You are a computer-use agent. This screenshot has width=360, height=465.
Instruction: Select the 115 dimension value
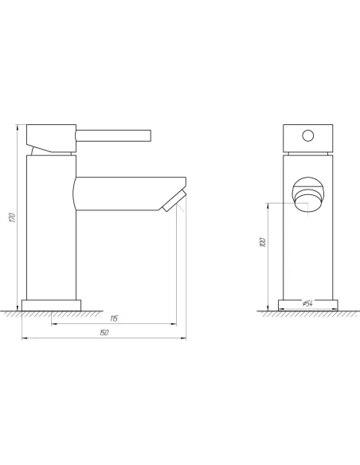pos(114,318)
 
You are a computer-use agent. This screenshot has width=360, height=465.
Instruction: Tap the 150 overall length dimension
pos(104,333)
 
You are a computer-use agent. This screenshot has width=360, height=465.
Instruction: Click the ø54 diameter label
pos(307,304)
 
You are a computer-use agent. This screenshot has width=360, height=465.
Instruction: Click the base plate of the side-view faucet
pos(53,304)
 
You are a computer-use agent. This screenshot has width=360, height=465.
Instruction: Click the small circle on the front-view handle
pos(307,136)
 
